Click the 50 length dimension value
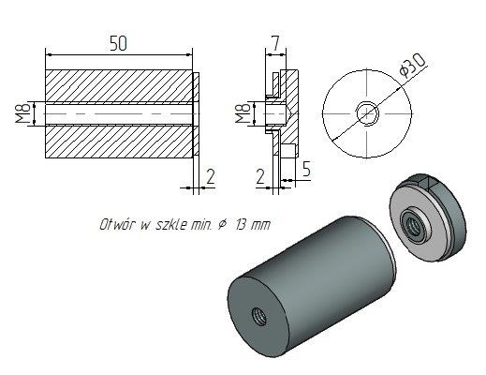pyautogui.click(x=119, y=43)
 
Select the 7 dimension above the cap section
pyautogui.click(x=275, y=43)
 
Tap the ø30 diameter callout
pyautogui.click(x=413, y=66)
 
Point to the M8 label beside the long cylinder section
pyautogui.click(x=23, y=113)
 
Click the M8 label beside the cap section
pyautogui.click(x=243, y=113)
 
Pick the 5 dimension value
pyautogui.click(x=307, y=169)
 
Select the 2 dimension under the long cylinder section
pyautogui.click(x=211, y=176)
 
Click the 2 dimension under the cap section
pyautogui.click(x=260, y=176)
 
